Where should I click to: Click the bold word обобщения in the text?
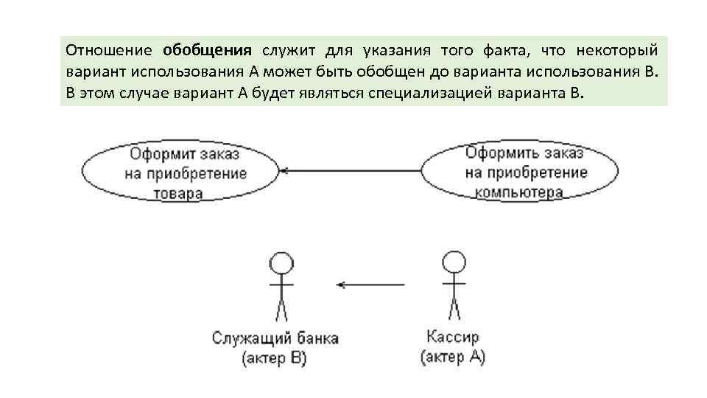coord(207,50)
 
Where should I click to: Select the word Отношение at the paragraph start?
coord(108,50)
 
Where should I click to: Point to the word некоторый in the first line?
coord(617,50)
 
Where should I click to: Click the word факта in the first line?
coord(505,50)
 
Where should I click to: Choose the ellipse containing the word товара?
coord(178,172)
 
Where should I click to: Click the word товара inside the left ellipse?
coord(177,194)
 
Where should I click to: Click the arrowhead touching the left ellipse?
coord(284,171)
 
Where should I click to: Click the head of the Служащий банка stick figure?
coord(280,263)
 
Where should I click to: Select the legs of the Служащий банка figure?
coord(280,309)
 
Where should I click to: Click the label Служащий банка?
coord(275,339)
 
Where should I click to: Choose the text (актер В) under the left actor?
coord(275,358)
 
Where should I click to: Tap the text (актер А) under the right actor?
coord(453,357)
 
